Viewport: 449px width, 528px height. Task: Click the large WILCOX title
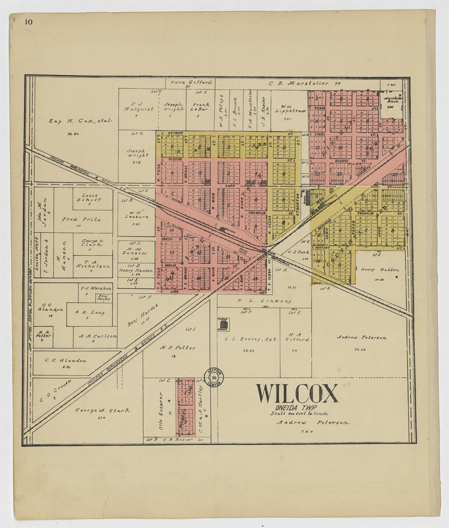pos(297,394)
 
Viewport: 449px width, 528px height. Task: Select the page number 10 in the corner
pos(28,22)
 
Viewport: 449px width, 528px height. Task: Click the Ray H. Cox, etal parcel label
pos(80,121)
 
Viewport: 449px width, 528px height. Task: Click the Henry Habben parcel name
pos(380,270)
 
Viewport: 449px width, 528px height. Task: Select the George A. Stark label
pos(102,410)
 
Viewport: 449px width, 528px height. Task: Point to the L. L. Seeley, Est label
pos(251,339)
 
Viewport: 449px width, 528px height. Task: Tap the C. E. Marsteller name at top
pos(298,83)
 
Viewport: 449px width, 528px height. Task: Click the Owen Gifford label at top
pos(191,82)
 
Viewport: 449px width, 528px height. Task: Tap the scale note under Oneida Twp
pos(299,413)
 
